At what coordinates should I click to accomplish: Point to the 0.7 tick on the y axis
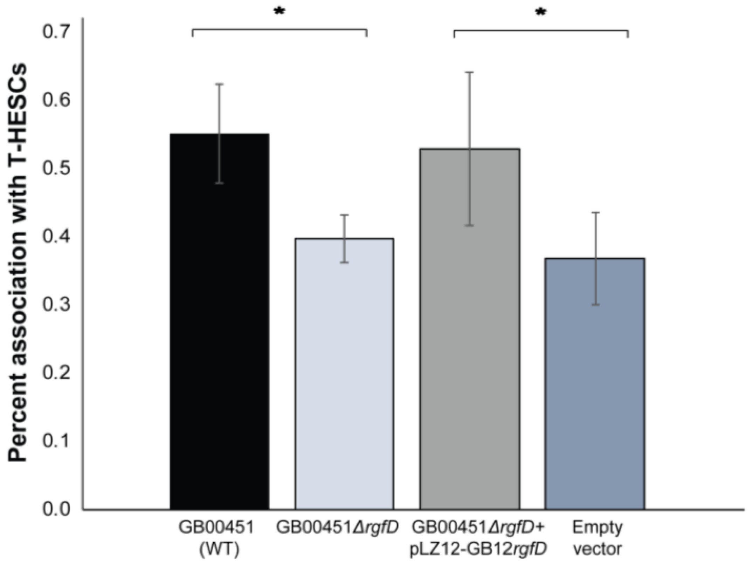click(x=56, y=32)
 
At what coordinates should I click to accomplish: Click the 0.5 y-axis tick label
click(x=56, y=168)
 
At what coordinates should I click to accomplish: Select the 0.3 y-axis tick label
click(x=56, y=304)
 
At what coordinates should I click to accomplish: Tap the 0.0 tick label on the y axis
click(x=56, y=509)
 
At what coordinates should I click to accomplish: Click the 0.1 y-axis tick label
click(x=56, y=441)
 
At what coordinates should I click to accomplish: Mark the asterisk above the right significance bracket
click(x=540, y=13)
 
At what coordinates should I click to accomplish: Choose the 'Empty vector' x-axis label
click(x=597, y=538)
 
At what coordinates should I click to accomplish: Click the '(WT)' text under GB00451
click(x=219, y=549)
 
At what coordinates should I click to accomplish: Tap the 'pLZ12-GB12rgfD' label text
click(x=478, y=549)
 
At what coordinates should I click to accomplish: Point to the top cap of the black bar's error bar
click(x=219, y=84)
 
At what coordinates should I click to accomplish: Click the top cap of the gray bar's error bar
click(x=470, y=72)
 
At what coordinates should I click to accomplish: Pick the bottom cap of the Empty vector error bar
click(x=595, y=305)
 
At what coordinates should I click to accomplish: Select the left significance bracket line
click(x=279, y=30)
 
